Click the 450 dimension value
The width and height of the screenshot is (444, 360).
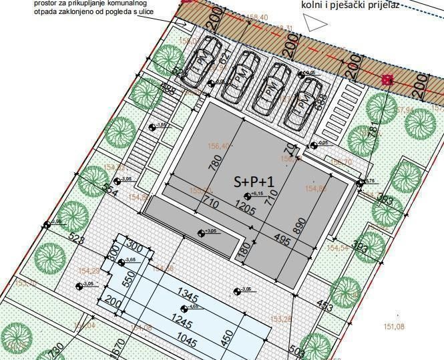point(229,339)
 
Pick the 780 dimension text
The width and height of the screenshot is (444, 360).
point(216,163)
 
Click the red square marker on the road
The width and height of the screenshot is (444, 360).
point(387,80)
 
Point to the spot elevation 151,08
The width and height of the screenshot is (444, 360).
point(394,327)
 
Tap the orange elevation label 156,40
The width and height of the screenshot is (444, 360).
point(219,146)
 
